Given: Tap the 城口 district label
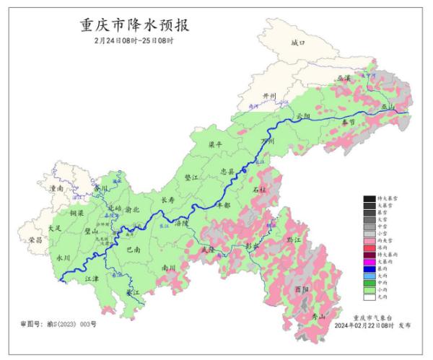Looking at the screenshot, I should (298, 43).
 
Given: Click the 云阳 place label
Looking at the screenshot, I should (304, 115).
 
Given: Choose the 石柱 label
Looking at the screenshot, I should (258, 190).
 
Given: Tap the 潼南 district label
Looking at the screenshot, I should (56, 188).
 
